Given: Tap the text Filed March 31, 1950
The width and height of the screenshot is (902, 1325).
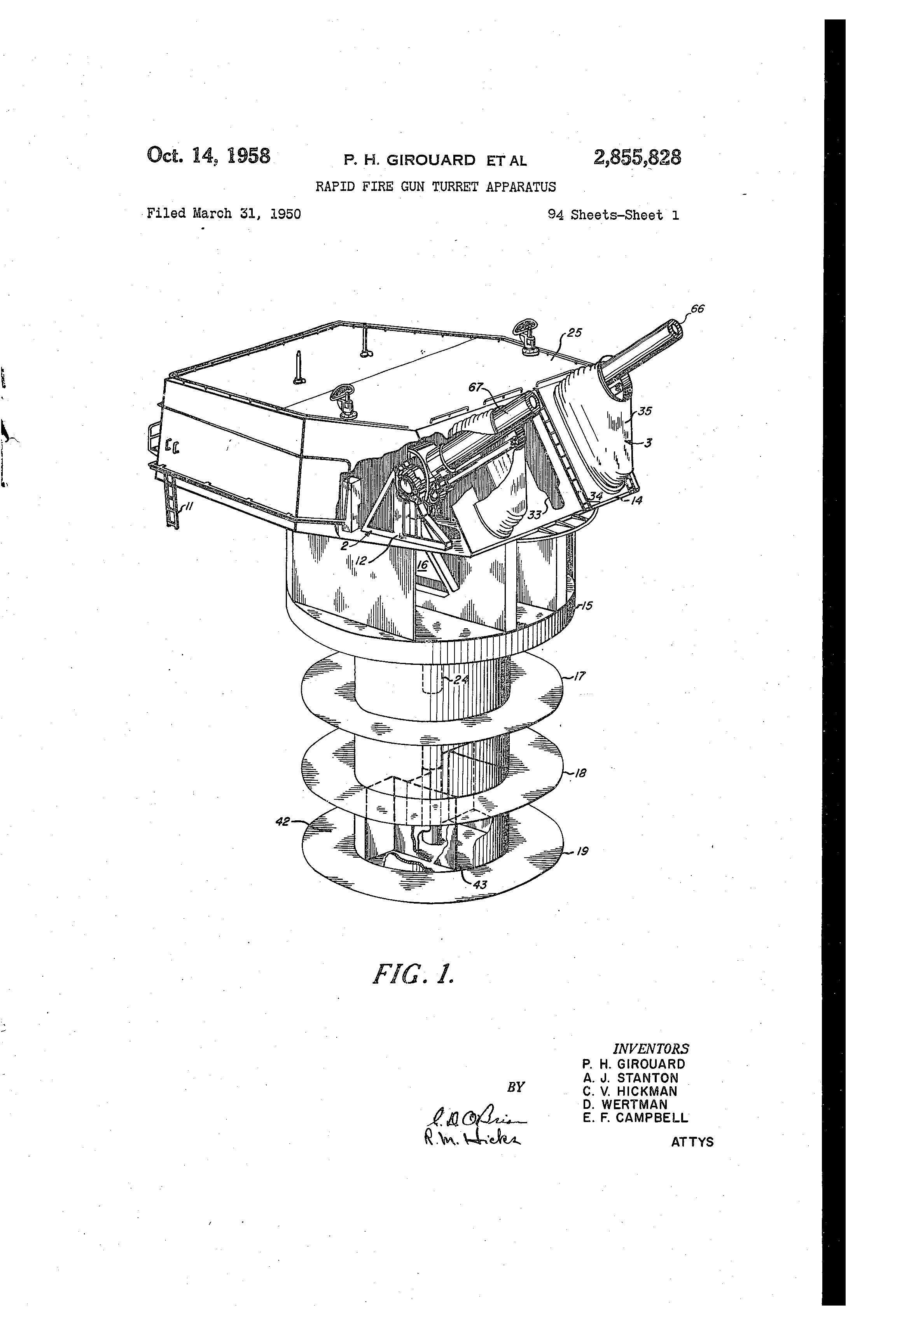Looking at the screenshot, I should click(224, 214).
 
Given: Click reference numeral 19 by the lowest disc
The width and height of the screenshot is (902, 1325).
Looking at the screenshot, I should click(582, 851).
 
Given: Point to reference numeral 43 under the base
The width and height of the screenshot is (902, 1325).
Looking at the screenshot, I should click(480, 885).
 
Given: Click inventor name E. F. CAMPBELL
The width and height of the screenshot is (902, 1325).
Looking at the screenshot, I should click(635, 1117).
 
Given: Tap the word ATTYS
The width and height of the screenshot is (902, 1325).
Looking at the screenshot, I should click(692, 1142).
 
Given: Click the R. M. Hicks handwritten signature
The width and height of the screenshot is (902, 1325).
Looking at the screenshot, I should click(472, 1138).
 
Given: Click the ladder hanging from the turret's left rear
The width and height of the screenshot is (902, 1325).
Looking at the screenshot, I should click(171, 501).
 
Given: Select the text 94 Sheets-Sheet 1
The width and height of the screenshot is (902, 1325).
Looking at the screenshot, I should click(613, 215).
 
